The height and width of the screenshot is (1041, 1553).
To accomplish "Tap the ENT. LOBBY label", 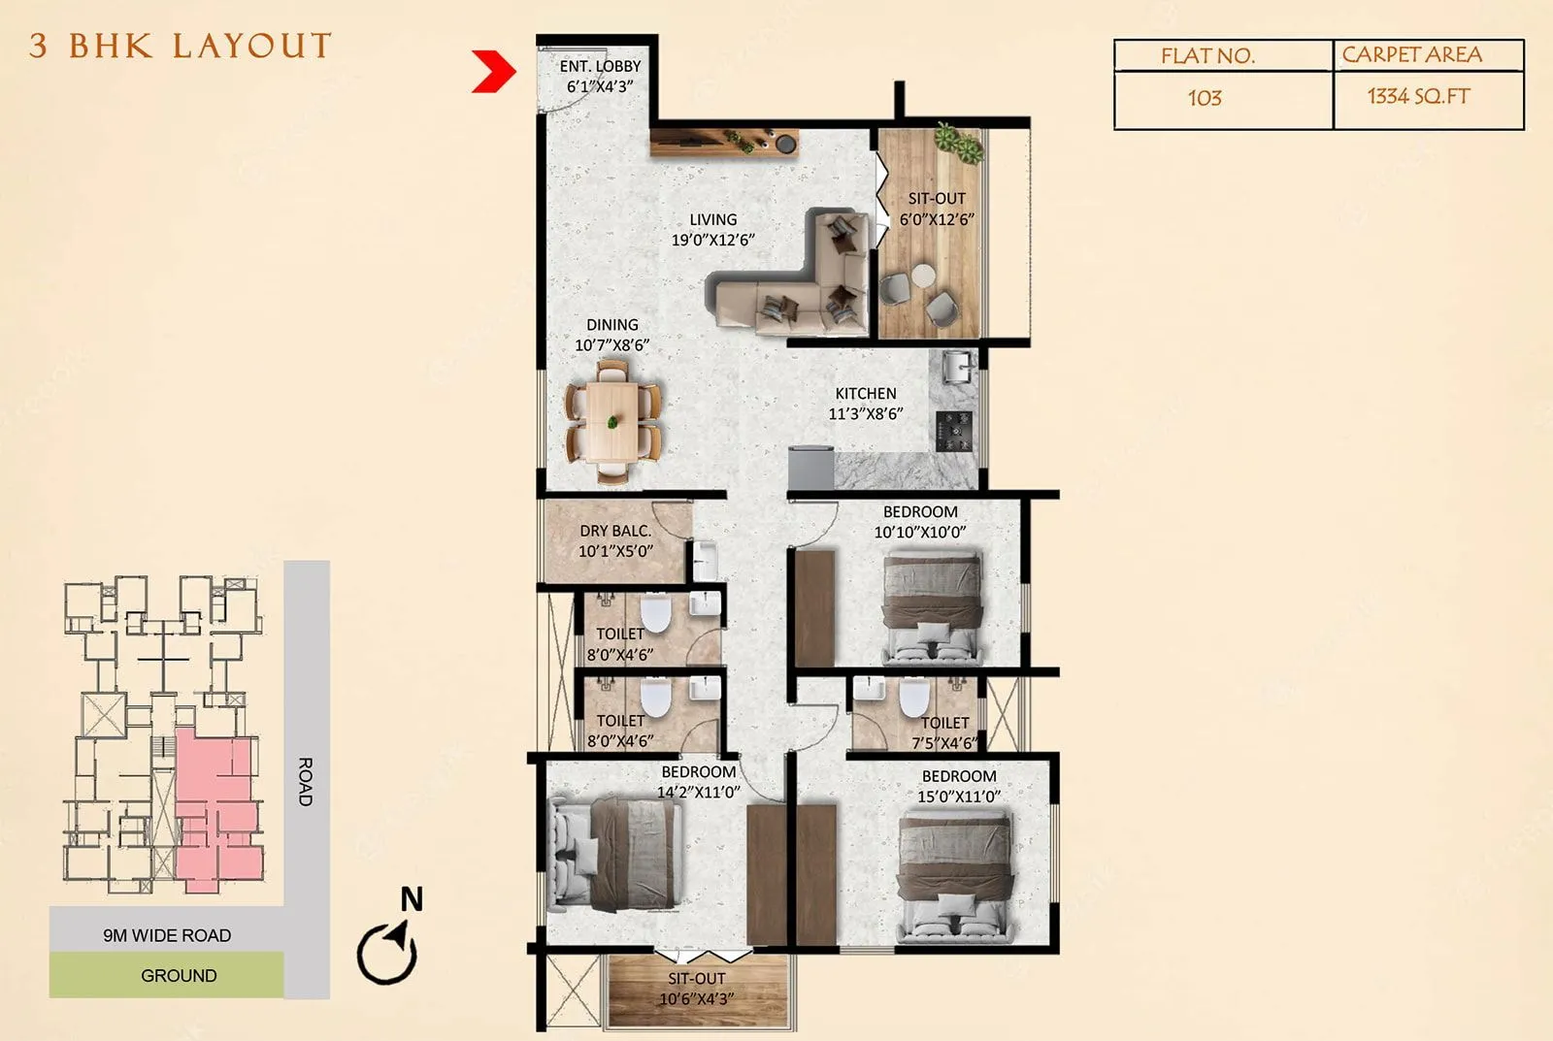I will [600, 67].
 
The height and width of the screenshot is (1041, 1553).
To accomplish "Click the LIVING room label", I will [713, 220].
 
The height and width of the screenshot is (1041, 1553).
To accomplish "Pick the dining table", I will [612, 422].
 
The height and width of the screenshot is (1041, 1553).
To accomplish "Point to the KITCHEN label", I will [866, 394].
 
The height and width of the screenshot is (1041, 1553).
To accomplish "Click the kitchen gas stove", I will [952, 431].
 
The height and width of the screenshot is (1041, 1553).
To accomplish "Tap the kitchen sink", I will [957, 368].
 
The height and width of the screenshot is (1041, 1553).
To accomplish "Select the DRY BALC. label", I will [615, 532].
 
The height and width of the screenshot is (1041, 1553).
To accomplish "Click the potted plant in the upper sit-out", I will [959, 143].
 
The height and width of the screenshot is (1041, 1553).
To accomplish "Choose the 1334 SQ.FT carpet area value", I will [1418, 96].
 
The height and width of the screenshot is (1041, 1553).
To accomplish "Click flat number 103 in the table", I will [1205, 98].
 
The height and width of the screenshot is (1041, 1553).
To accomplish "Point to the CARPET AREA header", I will [1411, 55].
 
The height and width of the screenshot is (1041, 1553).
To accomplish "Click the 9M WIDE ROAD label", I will [167, 935].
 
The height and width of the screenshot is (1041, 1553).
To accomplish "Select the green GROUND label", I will [179, 975].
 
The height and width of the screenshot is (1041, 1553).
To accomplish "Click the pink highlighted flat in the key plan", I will [215, 805].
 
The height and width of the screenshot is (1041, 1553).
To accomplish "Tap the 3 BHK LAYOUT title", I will [181, 46].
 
